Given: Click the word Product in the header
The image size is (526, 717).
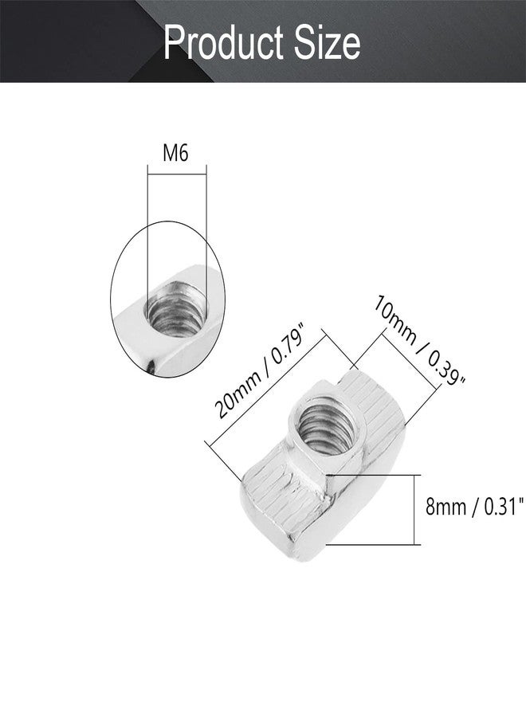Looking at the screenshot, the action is pyautogui.click(x=225, y=44).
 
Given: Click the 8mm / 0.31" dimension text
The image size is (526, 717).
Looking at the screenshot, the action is pyautogui.click(x=474, y=507).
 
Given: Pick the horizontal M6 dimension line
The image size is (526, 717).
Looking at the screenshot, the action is pyautogui.click(x=177, y=174).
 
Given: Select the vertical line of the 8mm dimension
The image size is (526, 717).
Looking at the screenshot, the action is pyautogui.click(x=414, y=510).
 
